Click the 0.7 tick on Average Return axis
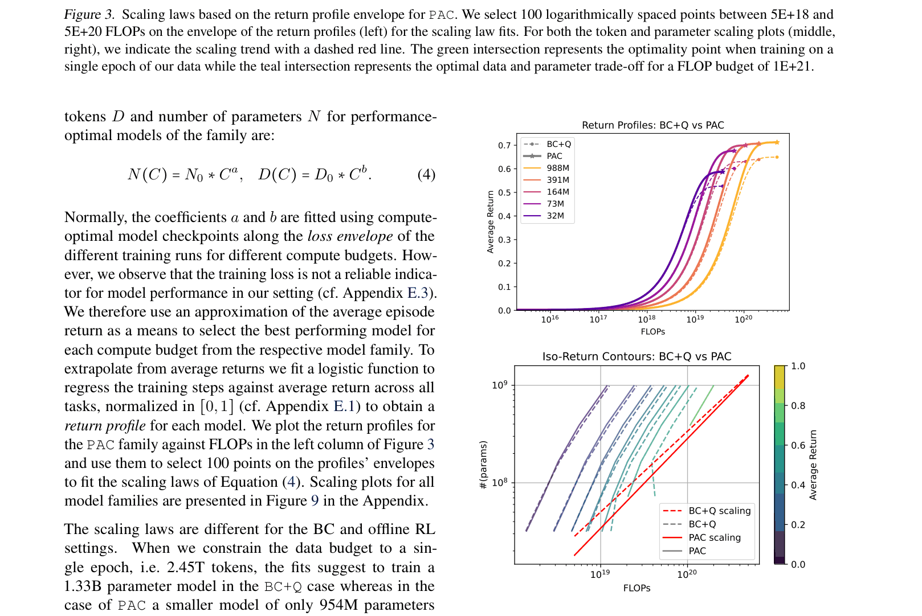click(504, 145)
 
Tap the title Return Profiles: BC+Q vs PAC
click(652, 125)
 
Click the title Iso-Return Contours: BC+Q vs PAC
click(637, 356)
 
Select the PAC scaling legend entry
click(714, 537)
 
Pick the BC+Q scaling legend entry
click(719, 511)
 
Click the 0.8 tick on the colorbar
click(798, 406)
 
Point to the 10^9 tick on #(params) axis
click(499, 385)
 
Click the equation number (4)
click(426, 174)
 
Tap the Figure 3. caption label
click(89, 15)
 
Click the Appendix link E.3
click(417, 293)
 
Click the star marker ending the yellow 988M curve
click(777, 142)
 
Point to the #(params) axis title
click(483, 465)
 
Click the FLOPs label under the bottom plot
click(637, 588)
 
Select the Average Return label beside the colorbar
click(813, 465)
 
